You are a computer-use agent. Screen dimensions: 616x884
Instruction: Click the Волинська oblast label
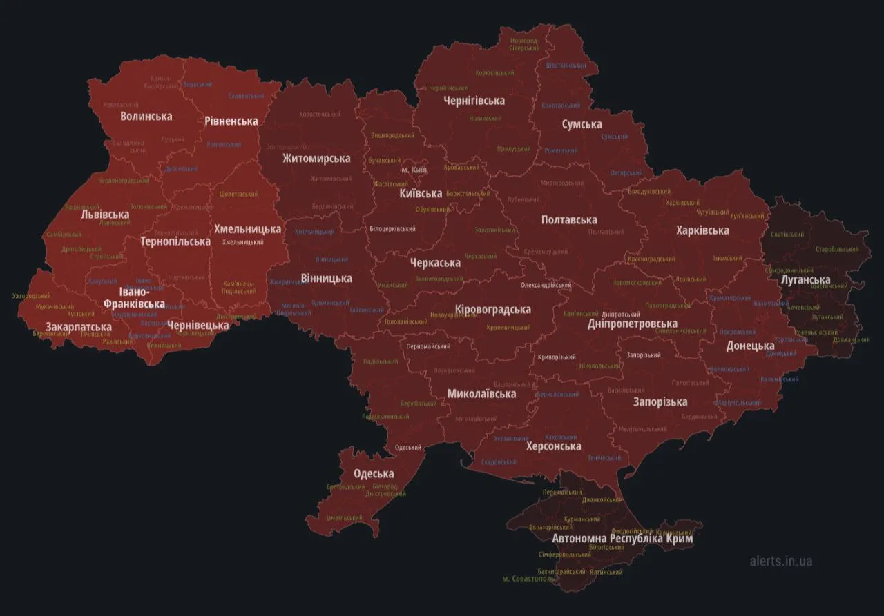tap(146, 116)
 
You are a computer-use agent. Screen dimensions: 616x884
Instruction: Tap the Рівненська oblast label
tap(231, 121)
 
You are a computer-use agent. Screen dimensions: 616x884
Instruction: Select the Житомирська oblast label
tap(316, 158)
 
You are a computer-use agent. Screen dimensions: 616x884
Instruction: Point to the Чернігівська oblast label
tap(474, 100)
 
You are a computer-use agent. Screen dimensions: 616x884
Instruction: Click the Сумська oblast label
tap(581, 124)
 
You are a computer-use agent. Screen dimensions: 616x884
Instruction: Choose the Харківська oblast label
tap(702, 230)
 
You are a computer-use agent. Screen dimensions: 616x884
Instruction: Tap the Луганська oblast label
tap(805, 279)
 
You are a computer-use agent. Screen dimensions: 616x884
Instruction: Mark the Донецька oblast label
tap(750, 346)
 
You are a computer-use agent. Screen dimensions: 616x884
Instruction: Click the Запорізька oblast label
tap(660, 401)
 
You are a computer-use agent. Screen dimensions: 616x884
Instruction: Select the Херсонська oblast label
tap(553, 446)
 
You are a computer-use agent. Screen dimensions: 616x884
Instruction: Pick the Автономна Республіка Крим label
tap(622, 538)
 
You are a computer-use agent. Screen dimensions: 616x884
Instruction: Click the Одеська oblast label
tap(374, 473)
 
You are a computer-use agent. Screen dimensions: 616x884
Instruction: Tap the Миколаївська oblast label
tap(481, 394)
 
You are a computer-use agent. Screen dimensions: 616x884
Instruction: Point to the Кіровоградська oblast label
tap(493, 308)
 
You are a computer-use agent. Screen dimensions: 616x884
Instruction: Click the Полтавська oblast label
tap(569, 219)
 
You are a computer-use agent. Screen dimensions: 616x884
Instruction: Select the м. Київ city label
tap(414, 170)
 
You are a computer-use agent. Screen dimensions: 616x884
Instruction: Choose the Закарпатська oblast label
tap(79, 326)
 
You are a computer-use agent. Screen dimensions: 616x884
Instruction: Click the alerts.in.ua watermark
tap(780, 560)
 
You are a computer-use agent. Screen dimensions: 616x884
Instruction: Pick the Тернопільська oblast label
tap(175, 241)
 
